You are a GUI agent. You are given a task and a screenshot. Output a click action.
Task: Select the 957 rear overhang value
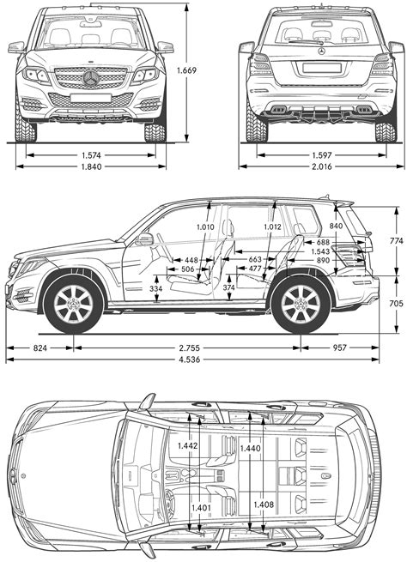pyautogui.click(x=341, y=347)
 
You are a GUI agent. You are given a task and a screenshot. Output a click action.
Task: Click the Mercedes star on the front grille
pyautogui.click(x=92, y=79)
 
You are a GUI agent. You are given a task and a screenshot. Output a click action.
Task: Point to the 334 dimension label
pyautogui.click(x=155, y=289)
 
